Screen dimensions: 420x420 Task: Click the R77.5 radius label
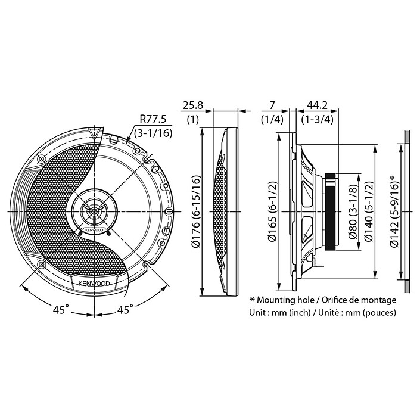point(153,120)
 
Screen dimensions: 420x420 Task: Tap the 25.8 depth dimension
point(193,105)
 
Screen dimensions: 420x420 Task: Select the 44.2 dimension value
point(317,105)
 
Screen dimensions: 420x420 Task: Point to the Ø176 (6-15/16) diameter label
point(197,211)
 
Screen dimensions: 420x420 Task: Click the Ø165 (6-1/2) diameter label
point(273,212)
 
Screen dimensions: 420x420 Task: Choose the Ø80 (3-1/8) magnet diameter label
point(352,211)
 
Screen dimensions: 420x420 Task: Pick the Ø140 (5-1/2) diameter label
point(369,211)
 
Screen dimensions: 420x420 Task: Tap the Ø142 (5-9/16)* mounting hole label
point(394,211)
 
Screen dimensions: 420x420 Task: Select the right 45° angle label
point(125,310)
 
